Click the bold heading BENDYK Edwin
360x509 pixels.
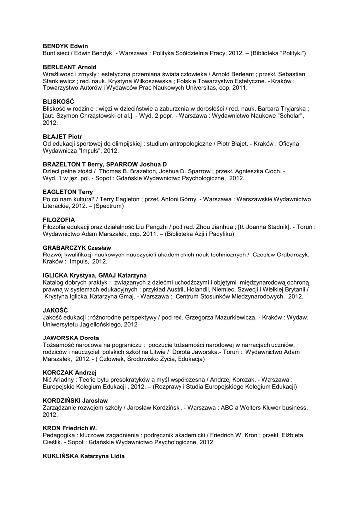coord(66,46)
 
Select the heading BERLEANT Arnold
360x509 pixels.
coord(70,67)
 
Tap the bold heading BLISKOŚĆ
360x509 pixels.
coord(59,101)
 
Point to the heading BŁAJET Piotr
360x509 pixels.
coord(62,136)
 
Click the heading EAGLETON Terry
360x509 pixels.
coord(69,192)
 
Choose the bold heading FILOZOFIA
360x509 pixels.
coord(59,219)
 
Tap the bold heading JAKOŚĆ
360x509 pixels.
coord(55,310)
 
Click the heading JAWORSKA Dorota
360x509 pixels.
coord(71,338)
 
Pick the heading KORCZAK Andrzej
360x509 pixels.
coord(70,372)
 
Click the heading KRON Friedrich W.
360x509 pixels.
coord(70,428)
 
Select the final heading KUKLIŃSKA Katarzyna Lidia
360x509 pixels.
coord(84,456)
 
